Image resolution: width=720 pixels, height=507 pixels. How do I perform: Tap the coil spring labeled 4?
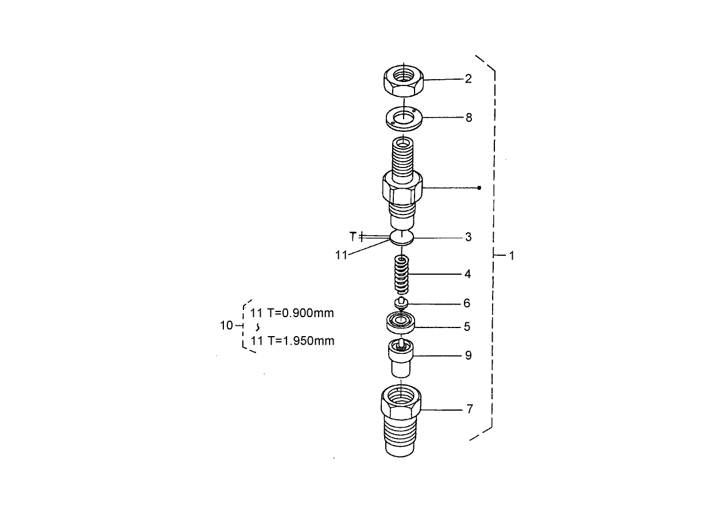tap(402, 275)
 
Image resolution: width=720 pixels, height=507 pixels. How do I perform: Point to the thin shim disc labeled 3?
tap(402, 237)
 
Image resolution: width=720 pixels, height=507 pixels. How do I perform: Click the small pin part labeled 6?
tap(401, 302)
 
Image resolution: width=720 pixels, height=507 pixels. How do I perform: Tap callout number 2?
tap(469, 79)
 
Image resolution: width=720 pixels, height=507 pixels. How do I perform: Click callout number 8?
tap(469, 118)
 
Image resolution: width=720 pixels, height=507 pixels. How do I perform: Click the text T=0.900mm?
tap(300, 313)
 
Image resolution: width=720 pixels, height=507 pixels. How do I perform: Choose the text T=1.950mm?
tap(300, 341)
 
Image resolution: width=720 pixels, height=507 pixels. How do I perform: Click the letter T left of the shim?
tap(353, 236)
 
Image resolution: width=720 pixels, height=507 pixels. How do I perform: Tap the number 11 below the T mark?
tap(342, 256)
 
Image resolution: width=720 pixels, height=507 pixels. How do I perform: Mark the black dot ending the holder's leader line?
tap(479, 188)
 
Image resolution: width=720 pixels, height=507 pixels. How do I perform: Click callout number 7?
tap(469, 409)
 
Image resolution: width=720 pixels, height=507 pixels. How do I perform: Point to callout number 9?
tap(469, 356)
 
